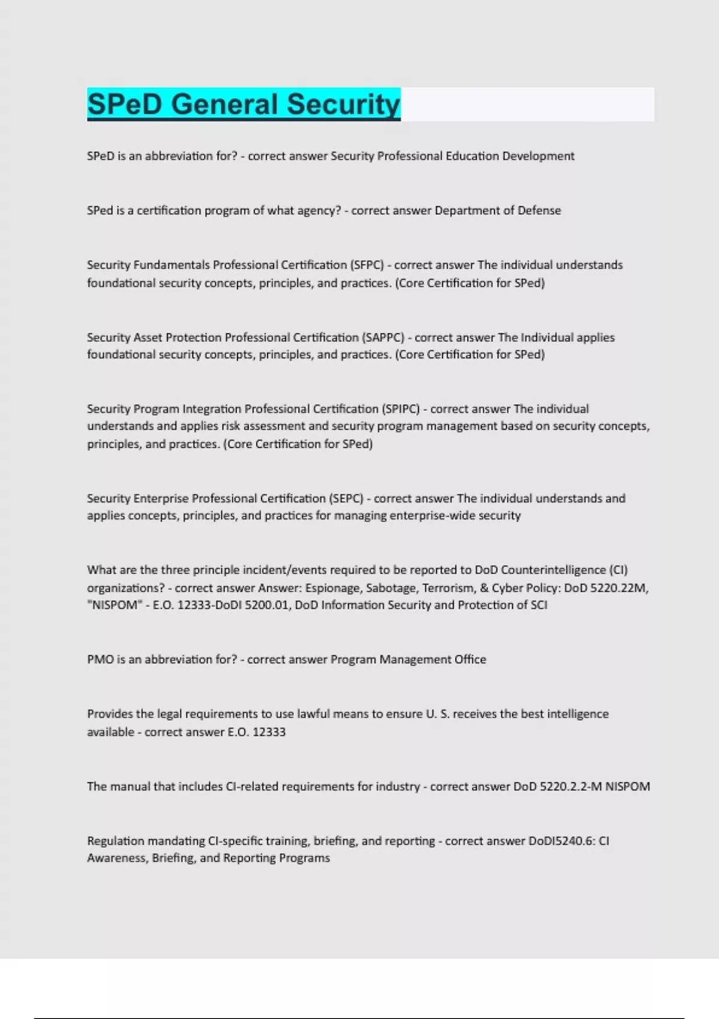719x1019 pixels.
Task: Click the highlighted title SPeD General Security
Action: pyautogui.click(x=243, y=104)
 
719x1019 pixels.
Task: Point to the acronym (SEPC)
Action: pyautogui.click(x=345, y=499)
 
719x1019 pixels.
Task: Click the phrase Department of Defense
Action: pyautogui.click(x=498, y=210)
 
